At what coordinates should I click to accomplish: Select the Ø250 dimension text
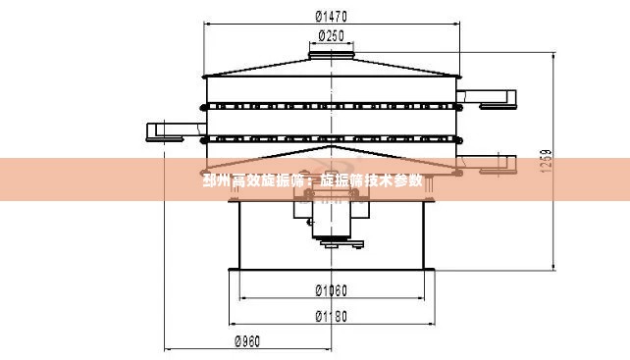[x=332, y=36]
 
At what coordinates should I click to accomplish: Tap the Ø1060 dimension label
[x=332, y=289]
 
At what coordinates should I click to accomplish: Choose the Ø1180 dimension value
[x=332, y=316]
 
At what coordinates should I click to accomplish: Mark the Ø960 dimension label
[x=247, y=341]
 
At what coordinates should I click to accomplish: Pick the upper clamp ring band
[x=332, y=105]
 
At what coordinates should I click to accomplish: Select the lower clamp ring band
[x=332, y=138]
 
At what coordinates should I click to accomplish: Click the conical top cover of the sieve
[x=332, y=69]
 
